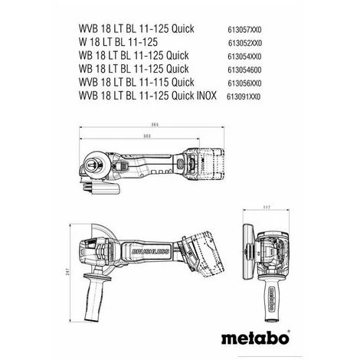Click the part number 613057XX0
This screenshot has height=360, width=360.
(244, 30)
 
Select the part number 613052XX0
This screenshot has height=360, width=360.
(245, 43)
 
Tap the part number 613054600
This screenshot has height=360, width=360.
(244, 70)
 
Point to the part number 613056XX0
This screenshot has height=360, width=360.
(244, 83)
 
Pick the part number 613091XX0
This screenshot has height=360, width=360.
(244, 97)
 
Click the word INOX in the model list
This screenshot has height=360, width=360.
(207, 96)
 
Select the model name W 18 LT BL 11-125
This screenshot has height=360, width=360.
(118, 42)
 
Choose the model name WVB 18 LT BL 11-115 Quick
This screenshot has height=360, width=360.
(136, 82)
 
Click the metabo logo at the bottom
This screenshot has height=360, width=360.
(256, 338)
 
